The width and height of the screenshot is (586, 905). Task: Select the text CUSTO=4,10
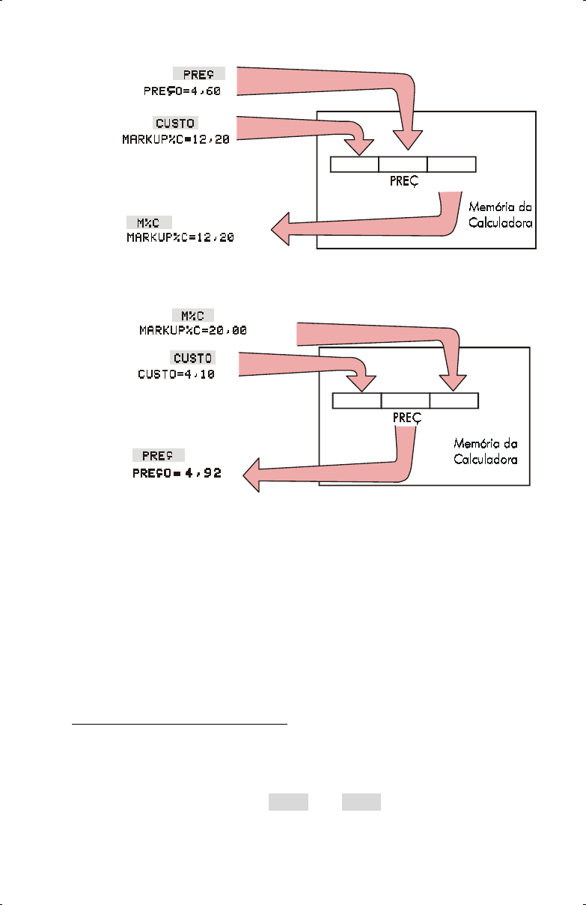pos(177,374)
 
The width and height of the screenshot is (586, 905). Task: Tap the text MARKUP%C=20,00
pos(192,329)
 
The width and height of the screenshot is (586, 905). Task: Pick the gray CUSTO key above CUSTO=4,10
pos(193,357)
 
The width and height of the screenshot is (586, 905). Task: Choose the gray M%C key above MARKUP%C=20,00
pos(192,314)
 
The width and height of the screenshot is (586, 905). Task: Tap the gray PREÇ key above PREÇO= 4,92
pos(159,456)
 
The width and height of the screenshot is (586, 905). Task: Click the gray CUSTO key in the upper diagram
pos(177,122)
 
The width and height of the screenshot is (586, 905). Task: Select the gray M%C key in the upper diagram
pos(149,222)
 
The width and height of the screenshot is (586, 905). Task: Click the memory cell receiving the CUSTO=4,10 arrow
pos(357,401)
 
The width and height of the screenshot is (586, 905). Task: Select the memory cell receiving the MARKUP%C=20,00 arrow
pos(454,401)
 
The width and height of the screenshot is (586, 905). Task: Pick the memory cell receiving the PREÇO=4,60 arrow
pos(403,164)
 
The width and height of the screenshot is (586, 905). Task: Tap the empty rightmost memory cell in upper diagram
pos(451,164)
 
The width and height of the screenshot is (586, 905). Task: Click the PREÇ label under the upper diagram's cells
pos(403,181)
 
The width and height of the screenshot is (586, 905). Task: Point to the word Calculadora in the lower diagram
pos(485,459)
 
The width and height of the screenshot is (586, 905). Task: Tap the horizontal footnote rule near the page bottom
pos(180,725)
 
